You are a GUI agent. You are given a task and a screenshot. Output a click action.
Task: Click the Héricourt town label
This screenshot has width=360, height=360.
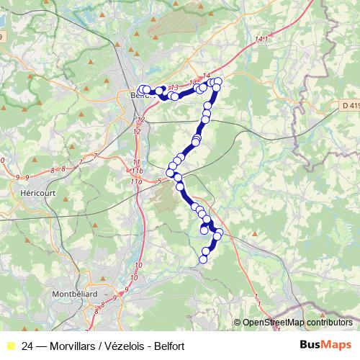coord(34,194)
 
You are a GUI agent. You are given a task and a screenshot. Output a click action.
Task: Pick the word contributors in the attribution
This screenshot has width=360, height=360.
coord(330,323)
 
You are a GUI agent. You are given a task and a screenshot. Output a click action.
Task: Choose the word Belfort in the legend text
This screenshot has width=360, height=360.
coord(168,346)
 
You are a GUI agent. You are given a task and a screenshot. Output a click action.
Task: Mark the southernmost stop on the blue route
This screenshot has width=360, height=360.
coord(204,259)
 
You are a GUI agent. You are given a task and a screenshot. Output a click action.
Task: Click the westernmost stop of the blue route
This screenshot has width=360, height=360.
coord(141,89)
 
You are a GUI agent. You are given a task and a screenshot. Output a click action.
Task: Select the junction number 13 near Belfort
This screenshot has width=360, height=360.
coord(173,87)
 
